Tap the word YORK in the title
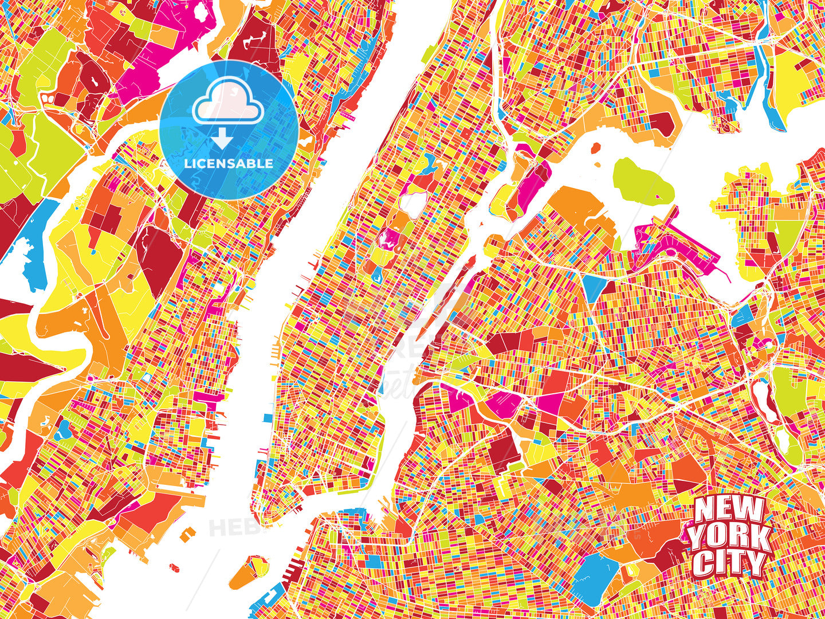(729, 538)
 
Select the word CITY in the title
(729, 563)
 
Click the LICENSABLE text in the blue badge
(229, 163)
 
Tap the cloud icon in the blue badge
(227, 102)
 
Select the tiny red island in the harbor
(174, 567)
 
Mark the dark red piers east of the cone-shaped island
(292, 569)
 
